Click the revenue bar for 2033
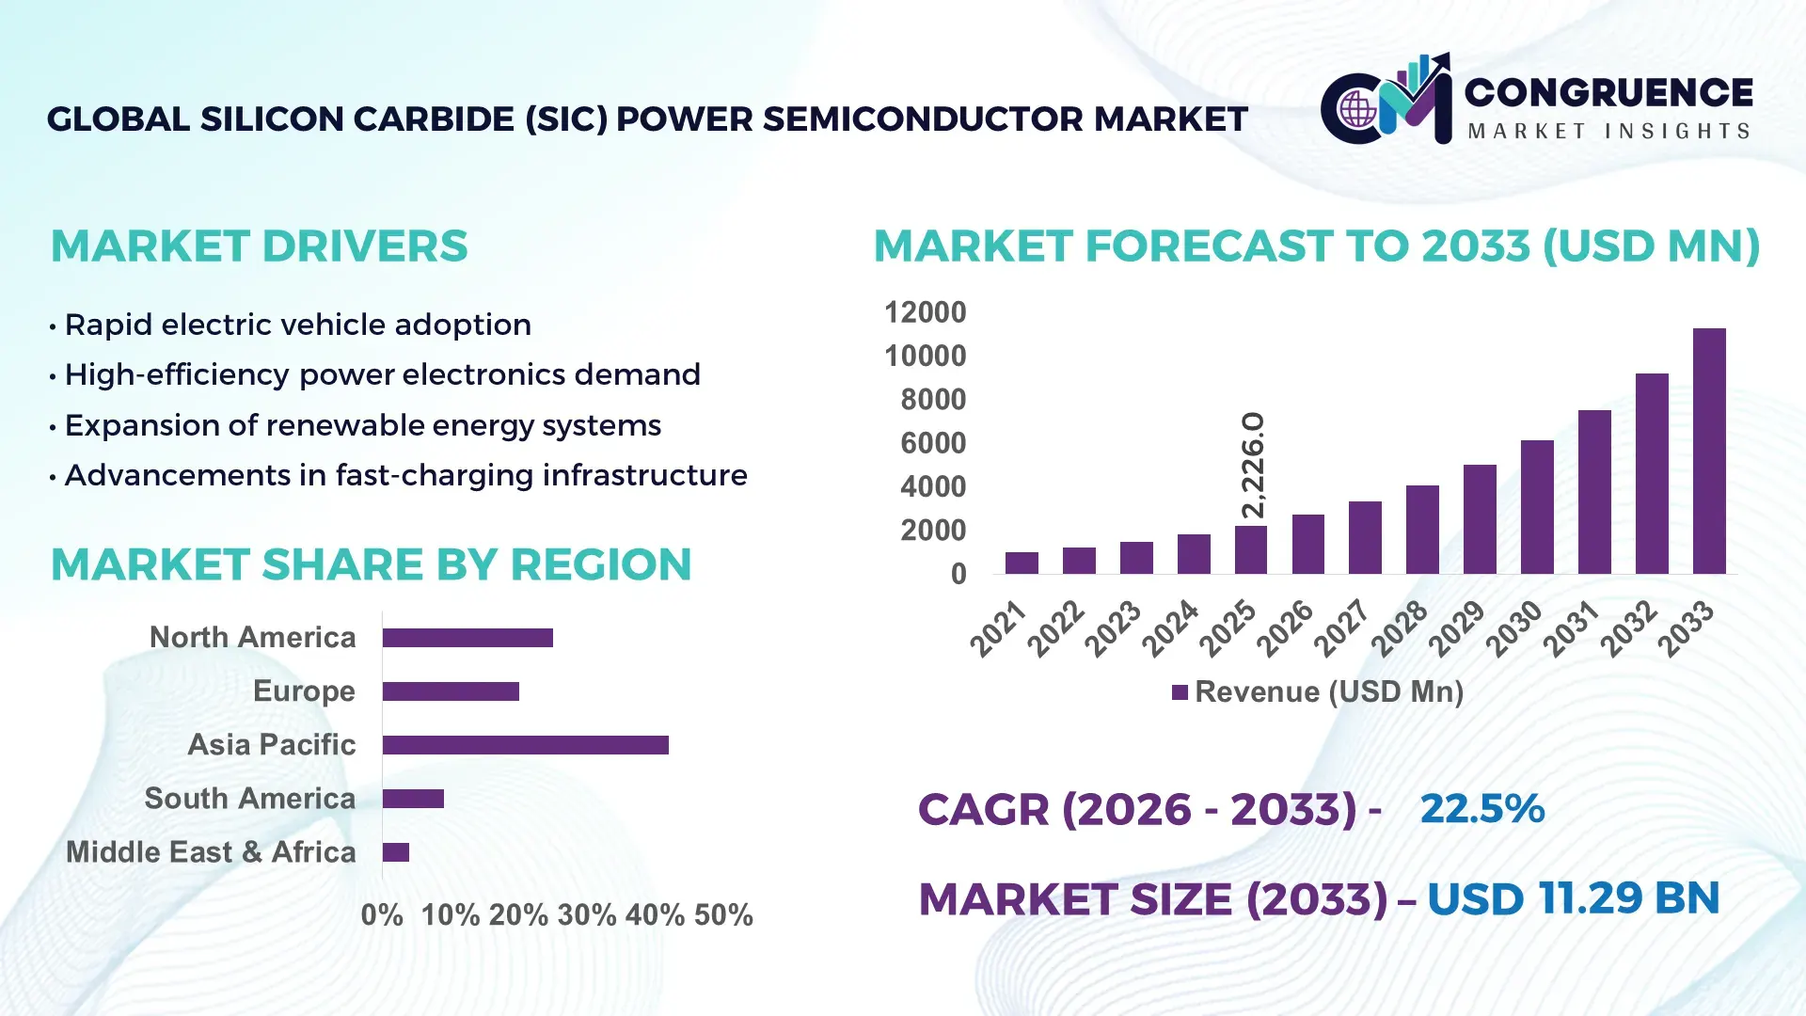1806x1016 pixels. [x=1709, y=452]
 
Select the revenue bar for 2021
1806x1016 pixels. [x=1022, y=563]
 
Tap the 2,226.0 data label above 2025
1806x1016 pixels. [x=1253, y=465]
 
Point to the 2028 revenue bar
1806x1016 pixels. [x=1422, y=530]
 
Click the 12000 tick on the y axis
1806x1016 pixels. [x=925, y=312]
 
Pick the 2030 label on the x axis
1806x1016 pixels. [x=1513, y=628]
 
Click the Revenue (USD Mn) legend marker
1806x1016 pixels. [x=1180, y=693]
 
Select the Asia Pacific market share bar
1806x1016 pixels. [x=525, y=745]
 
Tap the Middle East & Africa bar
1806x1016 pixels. [x=396, y=852]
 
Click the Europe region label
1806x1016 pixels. [x=304, y=691]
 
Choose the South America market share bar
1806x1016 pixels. [x=413, y=799]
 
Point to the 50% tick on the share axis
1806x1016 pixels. [x=723, y=915]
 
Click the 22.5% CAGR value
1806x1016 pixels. [x=1481, y=809]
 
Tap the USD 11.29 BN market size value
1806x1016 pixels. [x=1573, y=898]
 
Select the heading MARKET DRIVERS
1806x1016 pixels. [x=259, y=246]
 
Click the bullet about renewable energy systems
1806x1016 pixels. [x=362, y=425]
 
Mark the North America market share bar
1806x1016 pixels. [x=467, y=638]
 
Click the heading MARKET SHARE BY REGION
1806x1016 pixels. [x=371, y=565]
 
